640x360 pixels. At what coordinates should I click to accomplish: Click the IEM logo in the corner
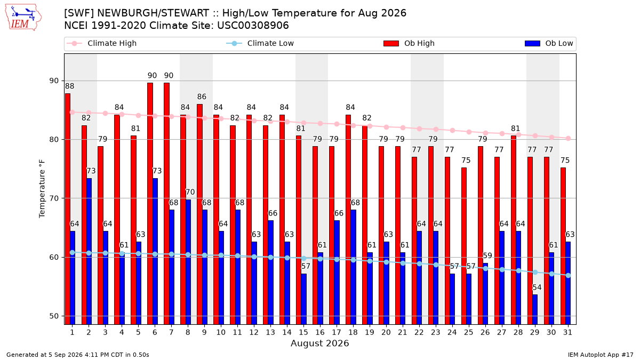(x=23, y=18)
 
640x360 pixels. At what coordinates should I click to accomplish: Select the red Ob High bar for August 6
(x=150, y=203)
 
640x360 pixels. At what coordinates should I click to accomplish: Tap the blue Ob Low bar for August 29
(x=534, y=309)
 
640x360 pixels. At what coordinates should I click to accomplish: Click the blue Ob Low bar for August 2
(x=89, y=251)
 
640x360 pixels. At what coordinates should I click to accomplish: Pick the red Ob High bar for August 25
(x=463, y=246)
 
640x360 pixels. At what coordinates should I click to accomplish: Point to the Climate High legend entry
(x=102, y=43)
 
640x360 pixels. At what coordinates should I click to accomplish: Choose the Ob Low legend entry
(x=549, y=43)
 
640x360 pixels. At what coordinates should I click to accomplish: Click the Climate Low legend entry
(x=260, y=43)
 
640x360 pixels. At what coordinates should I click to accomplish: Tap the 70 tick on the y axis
(x=54, y=198)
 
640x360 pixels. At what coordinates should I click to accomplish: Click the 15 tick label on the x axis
(x=303, y=332)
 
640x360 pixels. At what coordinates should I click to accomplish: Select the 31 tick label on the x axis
(x=567, y=332)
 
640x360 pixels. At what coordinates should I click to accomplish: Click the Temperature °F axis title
(x=42, y=189)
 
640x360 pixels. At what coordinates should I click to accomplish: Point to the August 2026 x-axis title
(x=319, y=343)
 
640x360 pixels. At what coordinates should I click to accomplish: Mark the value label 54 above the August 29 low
(x=537, y=287)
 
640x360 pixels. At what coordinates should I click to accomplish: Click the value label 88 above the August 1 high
(x=69, y=86)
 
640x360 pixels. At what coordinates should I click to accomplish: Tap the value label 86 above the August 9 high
(x=202, y=97)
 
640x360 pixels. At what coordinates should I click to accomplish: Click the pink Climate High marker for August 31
(x=569, y=139)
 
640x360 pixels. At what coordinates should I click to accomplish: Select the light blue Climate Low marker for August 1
(x=73, y=253)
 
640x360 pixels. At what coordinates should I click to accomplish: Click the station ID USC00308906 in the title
(x=253, y=26)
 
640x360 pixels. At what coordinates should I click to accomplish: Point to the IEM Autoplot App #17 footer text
(x=601, y=355)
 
